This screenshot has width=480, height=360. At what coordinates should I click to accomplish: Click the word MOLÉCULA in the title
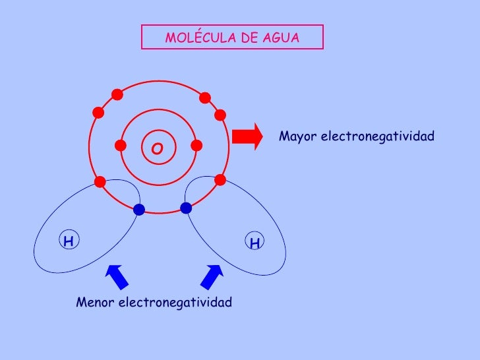click(x=195, y=38)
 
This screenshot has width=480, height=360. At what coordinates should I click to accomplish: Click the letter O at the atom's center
click(x=157, y=149)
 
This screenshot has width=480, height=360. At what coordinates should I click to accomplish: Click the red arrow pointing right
click(x=247, y=136)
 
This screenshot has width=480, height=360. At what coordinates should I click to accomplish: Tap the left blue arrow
click(x=117, y=276)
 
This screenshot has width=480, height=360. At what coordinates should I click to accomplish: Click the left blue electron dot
click(x=138, y=210)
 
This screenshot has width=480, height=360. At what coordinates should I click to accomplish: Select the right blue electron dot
click(x=186, y=208)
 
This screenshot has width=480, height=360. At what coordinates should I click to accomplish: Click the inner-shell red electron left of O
click(x=120, y=145)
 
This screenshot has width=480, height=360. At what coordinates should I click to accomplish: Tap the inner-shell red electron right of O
click(x=195, y=145)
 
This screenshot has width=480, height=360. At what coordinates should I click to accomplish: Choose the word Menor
click(x=95, y=303)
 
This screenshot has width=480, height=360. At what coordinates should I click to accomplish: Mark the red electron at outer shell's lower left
click(x=100, y=181)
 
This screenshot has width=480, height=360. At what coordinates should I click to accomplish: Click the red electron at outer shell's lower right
click(x=220, y=179)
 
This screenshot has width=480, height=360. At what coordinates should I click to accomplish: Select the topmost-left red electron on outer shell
click(x=117, y=95)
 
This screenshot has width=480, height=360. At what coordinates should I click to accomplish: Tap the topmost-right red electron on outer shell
click(x=205, y=98)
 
